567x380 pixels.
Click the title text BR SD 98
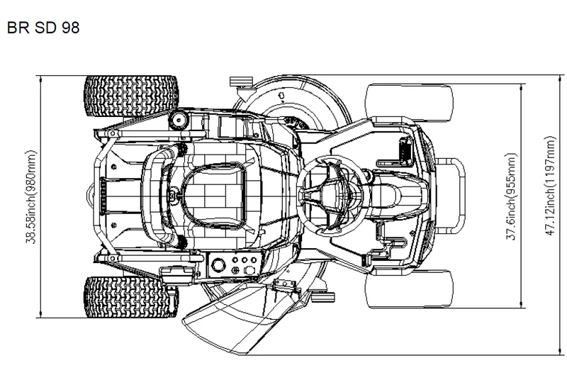pyautogui.click(x=43, y=28)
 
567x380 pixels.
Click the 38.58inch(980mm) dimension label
pyautogui.click(x=31, y=196)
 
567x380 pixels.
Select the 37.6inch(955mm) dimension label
pyautogui.click(x=511, y=196)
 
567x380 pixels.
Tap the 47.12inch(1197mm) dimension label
pyautogui.click(x=550, y=186)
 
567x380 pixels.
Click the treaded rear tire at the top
pyautogui.click(x=131, y=96)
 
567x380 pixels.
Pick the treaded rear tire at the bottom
pyautogui.click(x=131, y=297)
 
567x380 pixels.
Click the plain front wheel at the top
pyautogui.click(x=410, y=102)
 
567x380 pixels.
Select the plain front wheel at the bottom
pyautogui.click(x=410, y=289)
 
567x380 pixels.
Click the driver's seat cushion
pyautogui.click(x=213, y=196)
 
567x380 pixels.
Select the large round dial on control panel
pyautogui.click(x=218, y=265)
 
